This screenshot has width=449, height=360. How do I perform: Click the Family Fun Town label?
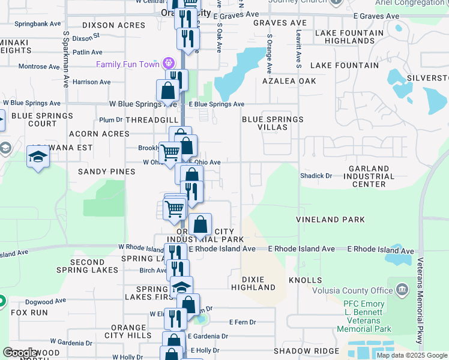(128, 64)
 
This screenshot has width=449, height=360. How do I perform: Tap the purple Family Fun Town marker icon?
(169, 63)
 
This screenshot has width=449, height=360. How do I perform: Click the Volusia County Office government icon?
(402, 290)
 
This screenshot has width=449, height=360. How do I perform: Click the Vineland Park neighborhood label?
(330, 220)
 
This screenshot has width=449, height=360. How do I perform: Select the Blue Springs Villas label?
(273, 123)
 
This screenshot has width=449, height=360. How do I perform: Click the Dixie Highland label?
(258, 283)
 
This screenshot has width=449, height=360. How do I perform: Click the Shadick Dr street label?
(316, 176)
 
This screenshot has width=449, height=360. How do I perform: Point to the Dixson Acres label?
(113, 26)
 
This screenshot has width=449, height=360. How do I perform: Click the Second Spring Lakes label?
(88, 266)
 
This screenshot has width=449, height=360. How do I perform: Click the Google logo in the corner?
(20, 353)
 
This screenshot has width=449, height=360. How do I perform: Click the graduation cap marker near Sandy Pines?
(38, 158)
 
